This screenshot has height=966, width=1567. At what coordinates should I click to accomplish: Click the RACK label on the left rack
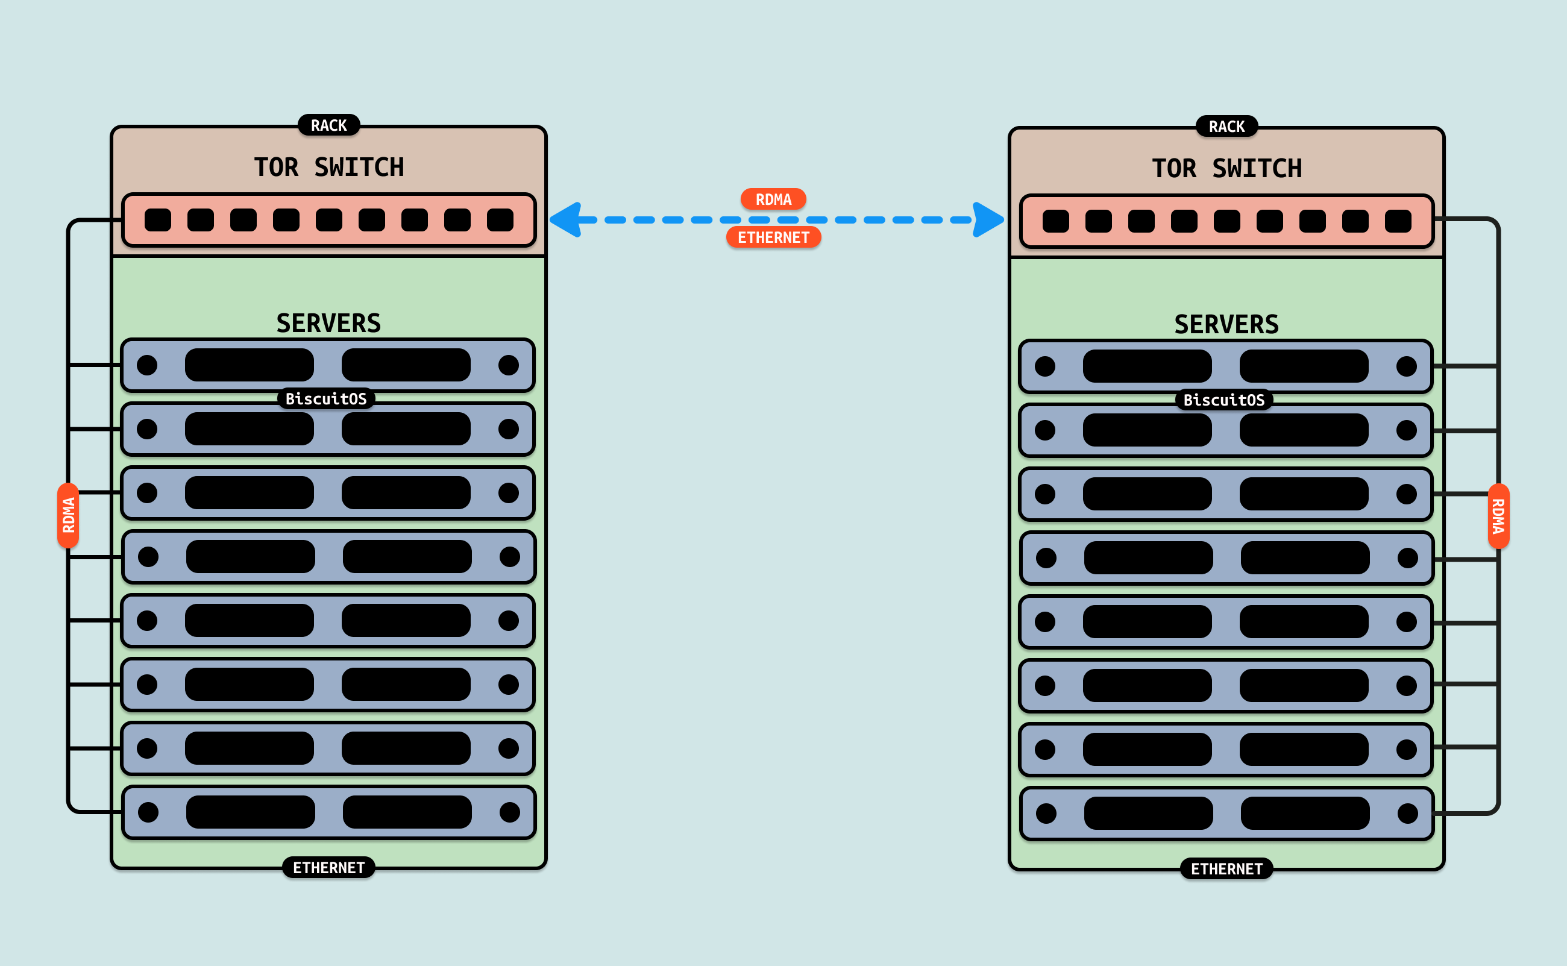point(328,125)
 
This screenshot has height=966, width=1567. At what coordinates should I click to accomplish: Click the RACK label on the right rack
point(1226,127)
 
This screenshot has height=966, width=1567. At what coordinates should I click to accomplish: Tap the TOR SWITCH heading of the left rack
point(328,168)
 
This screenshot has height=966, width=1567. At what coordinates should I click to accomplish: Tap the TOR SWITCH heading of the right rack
point(1226,169)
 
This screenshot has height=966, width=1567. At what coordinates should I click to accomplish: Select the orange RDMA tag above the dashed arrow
point(773,199)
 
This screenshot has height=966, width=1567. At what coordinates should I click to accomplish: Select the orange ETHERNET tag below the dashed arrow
point(773,237)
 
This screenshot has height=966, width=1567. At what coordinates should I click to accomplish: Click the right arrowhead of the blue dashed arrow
point(988,220)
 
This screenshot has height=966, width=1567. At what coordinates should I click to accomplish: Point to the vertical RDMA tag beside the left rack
point(68,515)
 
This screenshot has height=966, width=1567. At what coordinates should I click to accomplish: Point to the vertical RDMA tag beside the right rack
point(1498,516)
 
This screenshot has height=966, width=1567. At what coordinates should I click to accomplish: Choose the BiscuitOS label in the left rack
point(326,399)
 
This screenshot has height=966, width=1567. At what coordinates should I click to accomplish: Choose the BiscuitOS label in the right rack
point(1223,400)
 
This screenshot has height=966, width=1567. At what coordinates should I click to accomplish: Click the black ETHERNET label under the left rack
point(328,868)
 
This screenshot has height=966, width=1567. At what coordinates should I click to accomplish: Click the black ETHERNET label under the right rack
point(1226,869)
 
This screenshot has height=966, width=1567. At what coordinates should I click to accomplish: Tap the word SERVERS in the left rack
point(328,323)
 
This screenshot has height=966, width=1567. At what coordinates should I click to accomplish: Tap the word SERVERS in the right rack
point(1226,325)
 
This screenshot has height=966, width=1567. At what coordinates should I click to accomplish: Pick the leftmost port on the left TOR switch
point(158,220)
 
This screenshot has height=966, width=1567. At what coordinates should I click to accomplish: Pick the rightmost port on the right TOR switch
point(1398,221)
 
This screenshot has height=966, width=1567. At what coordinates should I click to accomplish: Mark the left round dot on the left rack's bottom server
point(148,812)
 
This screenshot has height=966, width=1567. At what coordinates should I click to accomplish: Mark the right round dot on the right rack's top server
point(1406,366)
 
